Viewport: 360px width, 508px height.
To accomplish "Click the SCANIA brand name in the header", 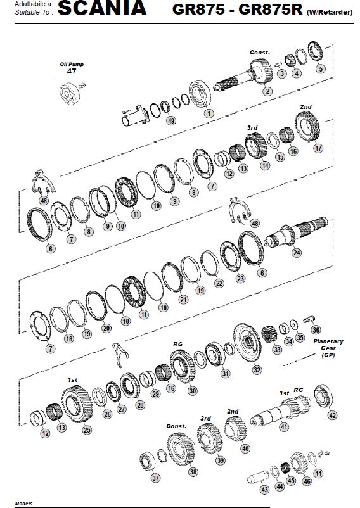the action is pyautogui.click(x=102, y=8).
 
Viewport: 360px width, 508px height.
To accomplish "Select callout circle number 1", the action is pyautogui.click(x=209, y=113).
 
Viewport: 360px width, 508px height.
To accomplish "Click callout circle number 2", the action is pyautogui.click(x=267, y=91).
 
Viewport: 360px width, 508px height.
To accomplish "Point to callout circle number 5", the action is pyautogui.click(x=321, y=68).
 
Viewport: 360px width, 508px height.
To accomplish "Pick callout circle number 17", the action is pyautogui.click(x=319, y=148).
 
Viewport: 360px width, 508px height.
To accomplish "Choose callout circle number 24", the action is pyautogui.click(x=297, y=252).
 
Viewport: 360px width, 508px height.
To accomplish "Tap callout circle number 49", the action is pyautogui.click(x=171, y=120).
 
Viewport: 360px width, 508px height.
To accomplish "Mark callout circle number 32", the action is pyautogui.click(x=257, y=370).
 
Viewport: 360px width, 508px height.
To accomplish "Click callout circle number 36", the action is pyautogui.click(x=316, y=329).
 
